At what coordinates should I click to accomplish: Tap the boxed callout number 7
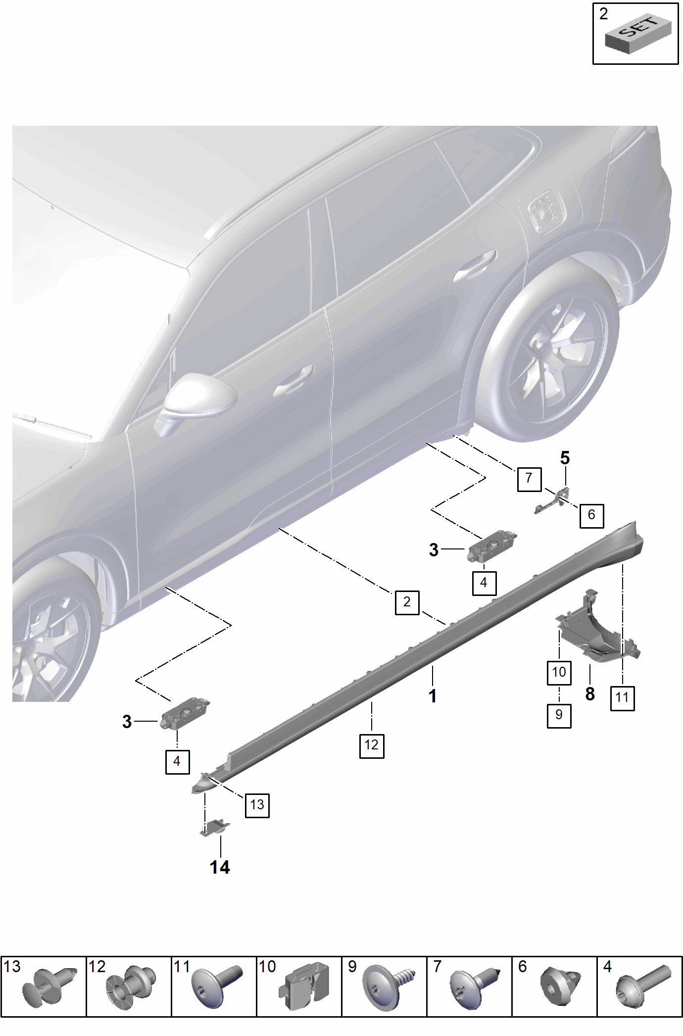tap(529, 479)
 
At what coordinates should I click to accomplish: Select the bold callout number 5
tap(565, 458)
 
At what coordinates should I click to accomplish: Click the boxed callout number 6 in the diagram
tap(591, 515)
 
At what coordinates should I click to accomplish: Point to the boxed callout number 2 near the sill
tap(407, 602)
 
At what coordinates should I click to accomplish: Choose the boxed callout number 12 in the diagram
tap(372, 745)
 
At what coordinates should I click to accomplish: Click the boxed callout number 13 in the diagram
tap(257, 805)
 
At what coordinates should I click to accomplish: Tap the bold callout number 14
tap(220, 868)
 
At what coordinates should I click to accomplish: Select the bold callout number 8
tap(590, 694)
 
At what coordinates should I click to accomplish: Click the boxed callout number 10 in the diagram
tap(559, 673)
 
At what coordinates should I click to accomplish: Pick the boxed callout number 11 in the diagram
tap(622, 698)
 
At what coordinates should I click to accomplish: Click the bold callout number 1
tap(433, 696)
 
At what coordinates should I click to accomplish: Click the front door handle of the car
tap(293, 382)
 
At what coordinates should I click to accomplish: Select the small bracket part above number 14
tap(215, 827)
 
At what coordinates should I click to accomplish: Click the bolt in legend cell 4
tap(643, 987)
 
